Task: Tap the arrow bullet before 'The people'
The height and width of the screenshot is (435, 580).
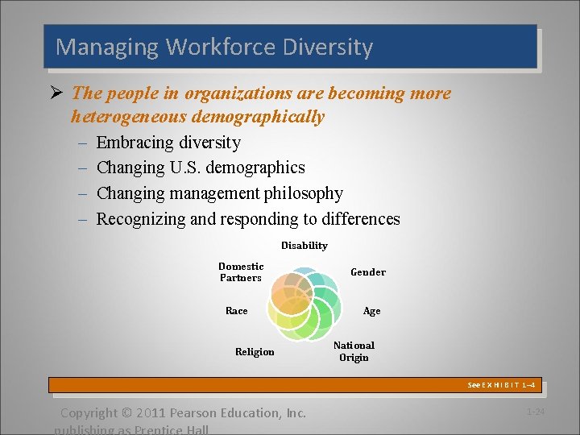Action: [x=58, y=93]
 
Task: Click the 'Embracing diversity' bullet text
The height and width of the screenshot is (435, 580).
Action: [x=168, y=143]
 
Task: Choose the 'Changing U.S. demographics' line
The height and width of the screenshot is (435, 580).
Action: [x=201, y=168]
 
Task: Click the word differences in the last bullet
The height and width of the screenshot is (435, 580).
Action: [x=360, y=219]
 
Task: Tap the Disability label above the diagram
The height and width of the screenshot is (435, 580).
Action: [x=304, y=245]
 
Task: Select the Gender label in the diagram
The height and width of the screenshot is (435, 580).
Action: [x=367, y=272]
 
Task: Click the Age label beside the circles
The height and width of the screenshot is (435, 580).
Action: [x=371, y=311]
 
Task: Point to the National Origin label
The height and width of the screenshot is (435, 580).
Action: [x=354, y=351]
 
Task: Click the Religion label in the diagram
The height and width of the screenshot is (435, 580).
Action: [x=255, y=351]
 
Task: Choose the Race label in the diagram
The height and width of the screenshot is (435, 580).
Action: [x=236, y=311]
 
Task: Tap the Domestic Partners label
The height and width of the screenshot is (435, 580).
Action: [x=241, y=272]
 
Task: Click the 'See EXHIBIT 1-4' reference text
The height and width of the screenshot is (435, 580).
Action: [x=501, y=385]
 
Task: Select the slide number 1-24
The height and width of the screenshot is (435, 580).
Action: [x=535, y=412]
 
